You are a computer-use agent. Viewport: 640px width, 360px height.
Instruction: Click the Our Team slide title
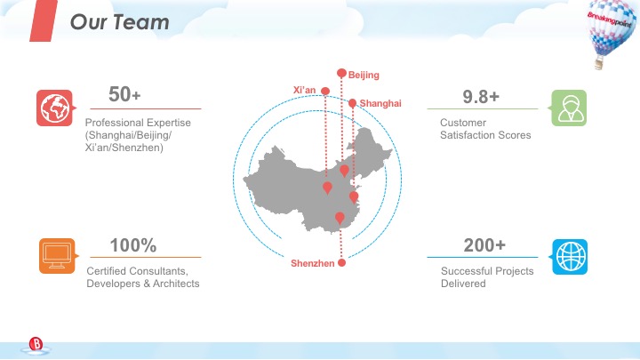(x=120, y=22)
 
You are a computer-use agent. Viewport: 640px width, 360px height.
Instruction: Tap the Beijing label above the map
(x=364, y=75)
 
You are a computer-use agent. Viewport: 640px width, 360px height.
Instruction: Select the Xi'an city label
(x=304, y=90)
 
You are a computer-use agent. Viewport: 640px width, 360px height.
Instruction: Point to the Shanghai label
(x=380, y=104)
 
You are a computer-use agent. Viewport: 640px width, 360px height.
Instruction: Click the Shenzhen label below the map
(x=313, y=264)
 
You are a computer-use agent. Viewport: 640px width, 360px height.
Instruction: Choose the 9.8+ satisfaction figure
(x=481, y=95)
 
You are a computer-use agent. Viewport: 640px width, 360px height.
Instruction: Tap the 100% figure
(x=133, y=245)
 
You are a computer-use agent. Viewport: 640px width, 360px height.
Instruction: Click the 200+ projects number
(x=484, y=245)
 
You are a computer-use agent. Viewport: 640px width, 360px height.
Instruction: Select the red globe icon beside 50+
(x=53, y=108)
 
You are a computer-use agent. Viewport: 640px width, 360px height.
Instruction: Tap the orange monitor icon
(x=54, y=255)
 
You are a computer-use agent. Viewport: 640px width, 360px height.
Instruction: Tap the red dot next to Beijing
(x=341, y=73)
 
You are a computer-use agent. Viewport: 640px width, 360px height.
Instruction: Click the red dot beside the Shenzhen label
(x=341, y=262)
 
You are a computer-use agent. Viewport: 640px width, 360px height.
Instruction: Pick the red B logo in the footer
(x=36, y=343)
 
